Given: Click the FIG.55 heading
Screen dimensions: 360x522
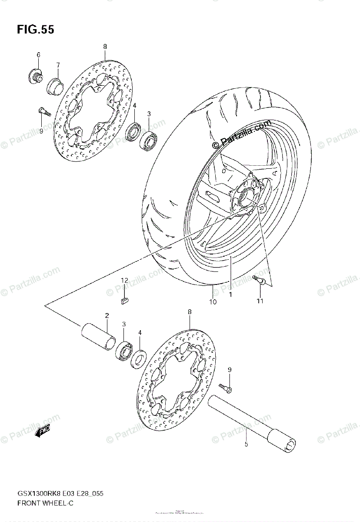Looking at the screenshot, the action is pyautogui.click(x=36, y=30).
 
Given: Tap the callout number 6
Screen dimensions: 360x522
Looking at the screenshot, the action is pyautogui.click(x=38, y=55).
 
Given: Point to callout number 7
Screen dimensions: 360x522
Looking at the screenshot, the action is pyautogui.click(x=58, y=65).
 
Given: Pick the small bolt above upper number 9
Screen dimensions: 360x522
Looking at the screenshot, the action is pyautogui.click(x=42, y=111).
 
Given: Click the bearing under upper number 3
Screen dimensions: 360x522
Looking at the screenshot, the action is pyautogui.click(x=148, y=139).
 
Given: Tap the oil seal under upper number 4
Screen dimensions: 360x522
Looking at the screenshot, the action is pyautogui.click(x=133, y=132).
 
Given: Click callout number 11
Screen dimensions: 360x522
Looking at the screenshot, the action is pyautogui.click(x=260, y=301).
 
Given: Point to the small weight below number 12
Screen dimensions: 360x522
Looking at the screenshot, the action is pyautogui.click(x=123, y=299).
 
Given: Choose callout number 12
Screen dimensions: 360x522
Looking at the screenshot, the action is pyautogui.click(x=124, y=281).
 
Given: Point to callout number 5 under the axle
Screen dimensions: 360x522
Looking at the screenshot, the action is pyautogui.click(x=246, y=445).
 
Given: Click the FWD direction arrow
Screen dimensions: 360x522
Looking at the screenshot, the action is pyautogui.click(x=44, y=432).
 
